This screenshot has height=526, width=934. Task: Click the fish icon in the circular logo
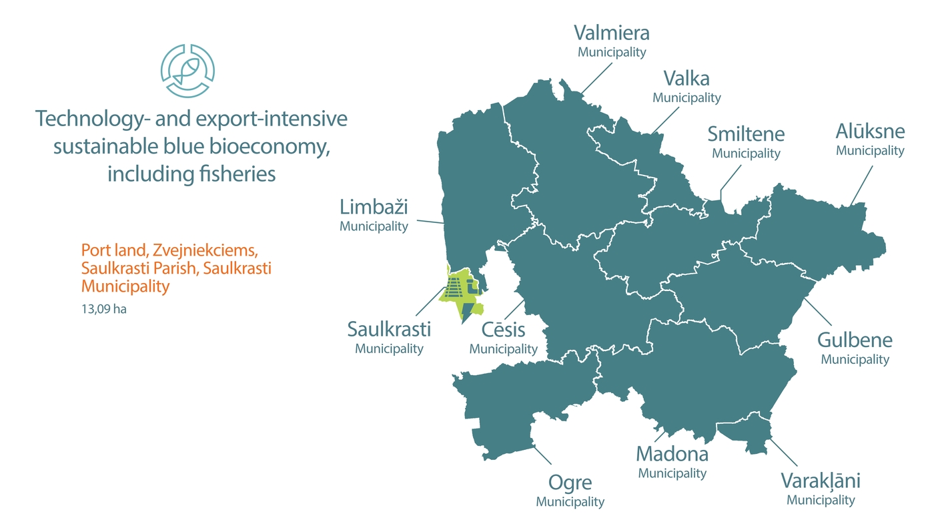[188, 69]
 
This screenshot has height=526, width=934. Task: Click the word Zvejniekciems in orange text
[204, 250]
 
